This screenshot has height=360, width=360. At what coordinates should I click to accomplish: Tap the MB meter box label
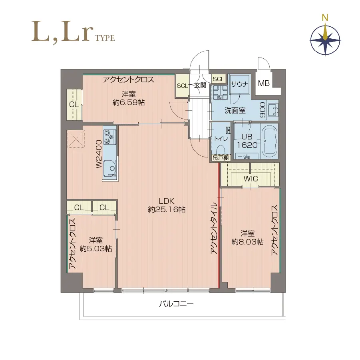pos(264,83)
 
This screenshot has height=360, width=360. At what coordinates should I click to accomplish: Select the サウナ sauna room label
pos(239,84)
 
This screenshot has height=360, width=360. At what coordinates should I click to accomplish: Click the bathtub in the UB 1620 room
pos(269,141)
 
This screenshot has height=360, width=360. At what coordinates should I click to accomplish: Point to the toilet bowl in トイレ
pos(221,149)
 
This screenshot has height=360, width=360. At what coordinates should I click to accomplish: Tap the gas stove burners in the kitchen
pos(109,137)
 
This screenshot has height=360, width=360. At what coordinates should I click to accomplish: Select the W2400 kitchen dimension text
pos(99,154)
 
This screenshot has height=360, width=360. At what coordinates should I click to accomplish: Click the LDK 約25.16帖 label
pos(167,205)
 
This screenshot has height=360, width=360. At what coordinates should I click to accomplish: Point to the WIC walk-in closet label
pos(251,179)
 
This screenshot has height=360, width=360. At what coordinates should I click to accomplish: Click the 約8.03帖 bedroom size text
pos(247,242)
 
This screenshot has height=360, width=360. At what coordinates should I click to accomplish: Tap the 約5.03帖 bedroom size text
pos(96,249)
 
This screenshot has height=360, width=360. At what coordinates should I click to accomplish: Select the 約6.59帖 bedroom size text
pos(129,102)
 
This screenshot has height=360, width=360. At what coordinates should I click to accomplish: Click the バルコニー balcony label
pos(176,304)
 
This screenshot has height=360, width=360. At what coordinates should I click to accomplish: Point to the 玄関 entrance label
pos(200,85)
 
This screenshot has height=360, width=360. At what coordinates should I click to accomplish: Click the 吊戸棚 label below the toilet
pos(221,158)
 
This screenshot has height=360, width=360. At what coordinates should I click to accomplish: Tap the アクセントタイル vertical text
pos(214,228)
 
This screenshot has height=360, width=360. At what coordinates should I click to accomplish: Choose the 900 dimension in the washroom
pos(263,110)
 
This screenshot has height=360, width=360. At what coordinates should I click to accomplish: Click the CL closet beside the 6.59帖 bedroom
pos(74,104)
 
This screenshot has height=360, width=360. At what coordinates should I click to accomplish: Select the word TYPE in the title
pos(105,38)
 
